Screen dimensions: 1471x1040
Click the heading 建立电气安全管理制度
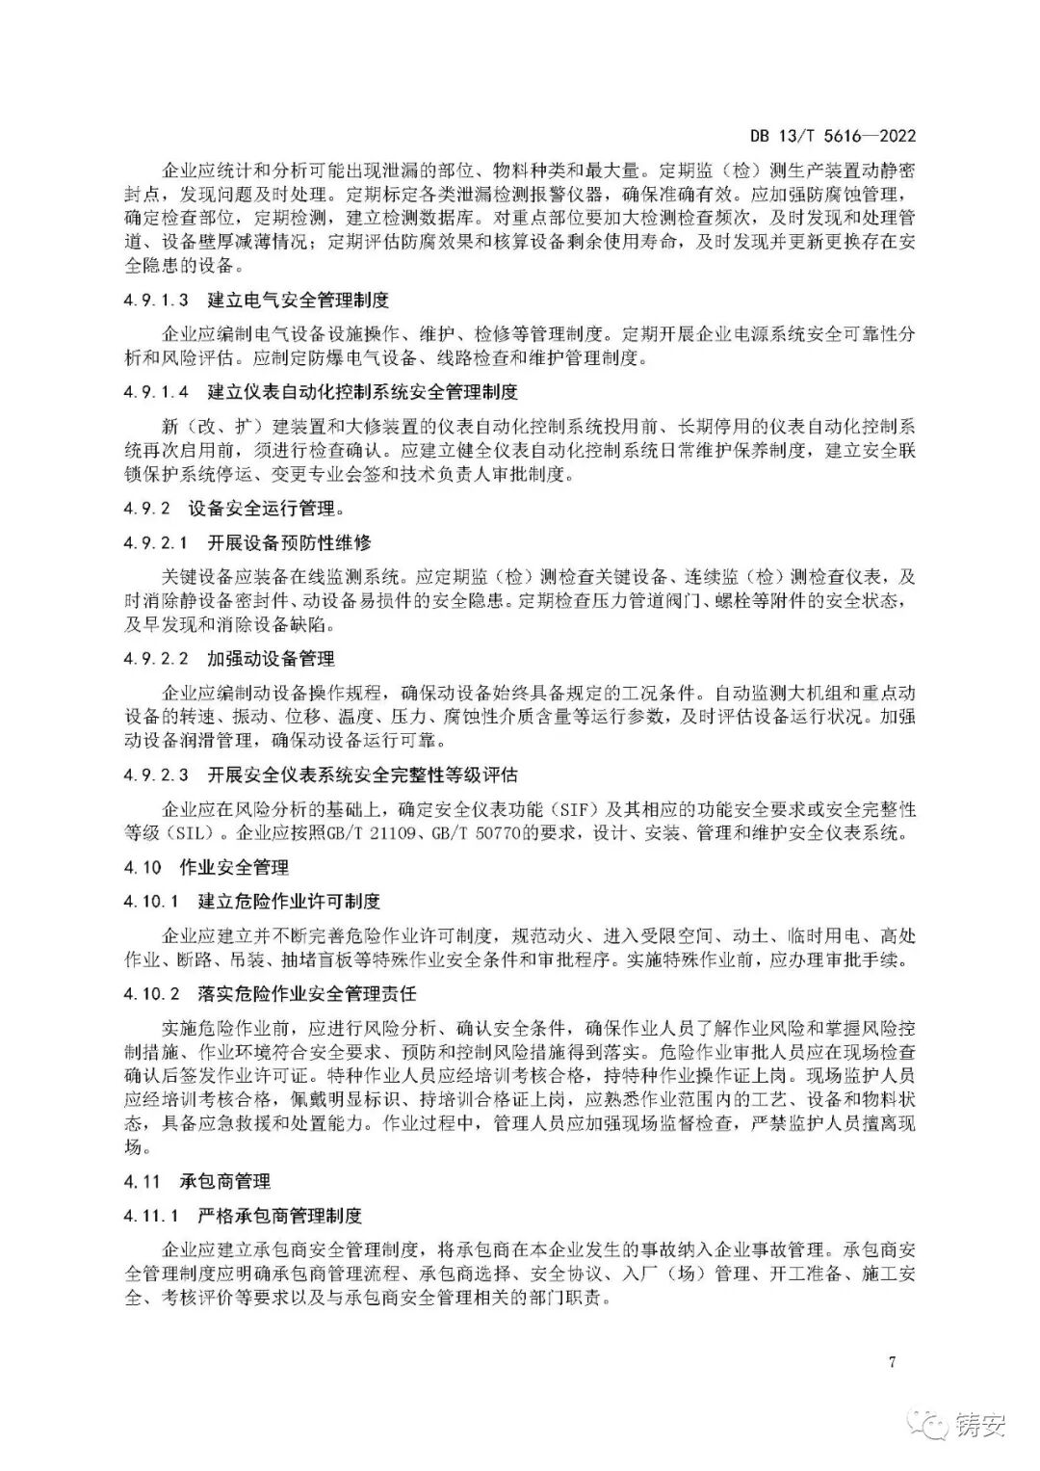click(299, 301)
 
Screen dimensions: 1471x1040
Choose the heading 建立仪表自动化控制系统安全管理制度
click(363, 392)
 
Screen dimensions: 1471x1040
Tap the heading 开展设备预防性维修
click(289, 542)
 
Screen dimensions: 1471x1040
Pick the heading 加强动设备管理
click(271, 659)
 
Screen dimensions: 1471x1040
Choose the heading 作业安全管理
click(234, 867)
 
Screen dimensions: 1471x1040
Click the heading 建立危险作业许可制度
click(289, 902)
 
